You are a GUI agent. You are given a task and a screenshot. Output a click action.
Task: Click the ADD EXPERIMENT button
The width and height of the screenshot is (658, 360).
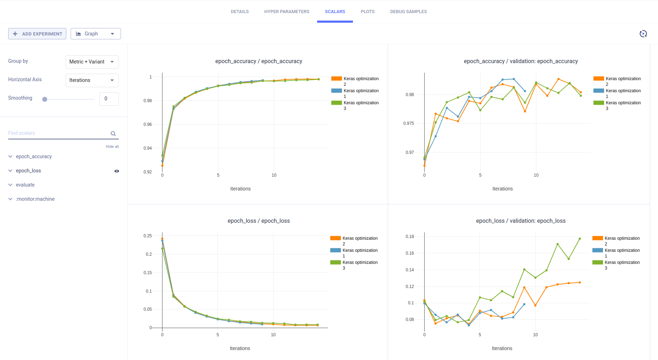(37, 34)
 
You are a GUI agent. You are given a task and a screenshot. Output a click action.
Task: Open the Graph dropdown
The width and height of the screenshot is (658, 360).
(95, 34)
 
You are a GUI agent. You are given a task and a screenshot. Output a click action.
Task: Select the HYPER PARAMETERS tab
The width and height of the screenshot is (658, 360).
(287, 12)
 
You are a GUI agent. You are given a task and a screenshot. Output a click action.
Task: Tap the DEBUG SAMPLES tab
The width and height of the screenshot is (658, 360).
(408, 12)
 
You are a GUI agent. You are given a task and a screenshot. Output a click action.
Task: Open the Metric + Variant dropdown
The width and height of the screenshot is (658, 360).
(92, 62)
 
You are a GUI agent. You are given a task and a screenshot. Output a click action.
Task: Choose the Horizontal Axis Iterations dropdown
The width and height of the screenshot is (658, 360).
(92, 80)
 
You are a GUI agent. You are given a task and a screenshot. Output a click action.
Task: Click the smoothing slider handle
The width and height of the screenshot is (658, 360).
(45, 99)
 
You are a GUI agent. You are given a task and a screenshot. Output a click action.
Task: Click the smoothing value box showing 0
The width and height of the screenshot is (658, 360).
(109, 99)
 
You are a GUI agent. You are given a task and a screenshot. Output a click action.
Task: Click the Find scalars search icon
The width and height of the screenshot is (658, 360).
(113, 134)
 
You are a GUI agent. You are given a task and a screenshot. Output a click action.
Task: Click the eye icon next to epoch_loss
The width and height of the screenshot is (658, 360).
(117, 171)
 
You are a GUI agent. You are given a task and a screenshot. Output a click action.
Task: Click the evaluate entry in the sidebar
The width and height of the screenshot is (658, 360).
(25, 185)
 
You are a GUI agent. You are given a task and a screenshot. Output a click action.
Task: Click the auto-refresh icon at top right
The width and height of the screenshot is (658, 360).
(643, 34)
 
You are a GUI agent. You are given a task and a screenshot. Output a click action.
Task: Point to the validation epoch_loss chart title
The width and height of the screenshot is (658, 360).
(521, 221)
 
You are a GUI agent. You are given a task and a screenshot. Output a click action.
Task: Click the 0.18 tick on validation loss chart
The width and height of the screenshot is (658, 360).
(410, 237)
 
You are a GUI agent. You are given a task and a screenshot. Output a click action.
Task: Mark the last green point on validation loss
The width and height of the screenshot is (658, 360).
(580, 239)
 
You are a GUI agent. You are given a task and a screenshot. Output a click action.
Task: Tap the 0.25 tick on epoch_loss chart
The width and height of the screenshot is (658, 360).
(148, 236)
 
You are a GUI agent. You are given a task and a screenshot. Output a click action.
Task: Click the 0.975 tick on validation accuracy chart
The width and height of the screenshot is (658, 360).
(409, 123)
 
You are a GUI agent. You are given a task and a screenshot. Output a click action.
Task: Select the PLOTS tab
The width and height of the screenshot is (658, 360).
(367, 12)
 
